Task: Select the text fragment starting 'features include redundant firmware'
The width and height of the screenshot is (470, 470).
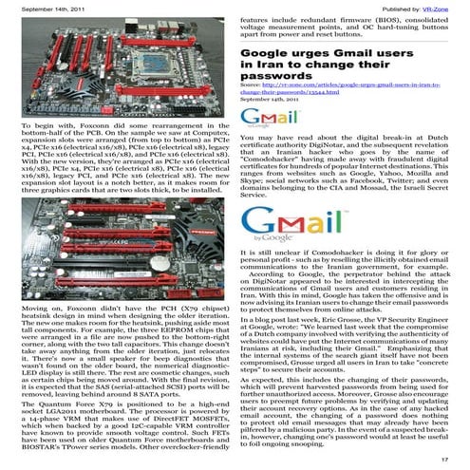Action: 351,23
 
